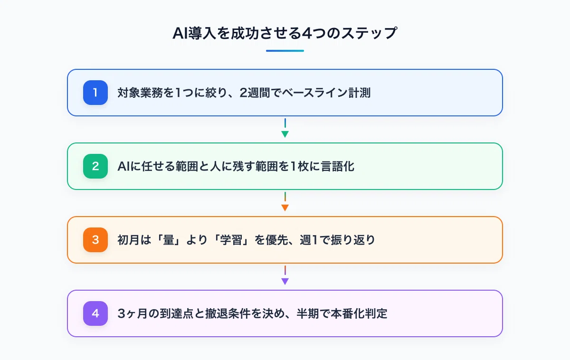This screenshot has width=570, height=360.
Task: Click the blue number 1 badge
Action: (x=95, y=93)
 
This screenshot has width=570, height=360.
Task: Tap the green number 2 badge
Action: (x=95, y=166)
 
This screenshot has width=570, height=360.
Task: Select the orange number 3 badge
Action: (x=95, y=240)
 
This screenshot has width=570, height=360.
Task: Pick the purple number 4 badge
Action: (x=95, y=313)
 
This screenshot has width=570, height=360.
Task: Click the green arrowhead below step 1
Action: (x=285, y=134)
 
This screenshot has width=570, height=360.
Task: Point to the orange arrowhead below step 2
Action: (x=285, y=208)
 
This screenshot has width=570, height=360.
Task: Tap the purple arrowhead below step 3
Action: (x=285, y=281)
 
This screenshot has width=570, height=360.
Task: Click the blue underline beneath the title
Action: (x=285, y=51)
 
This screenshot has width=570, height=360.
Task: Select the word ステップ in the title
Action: (x=369, y=33)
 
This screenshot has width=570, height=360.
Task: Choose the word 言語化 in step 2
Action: (x=337, y=166)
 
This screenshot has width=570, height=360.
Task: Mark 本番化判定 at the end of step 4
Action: (x=359, y=313)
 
